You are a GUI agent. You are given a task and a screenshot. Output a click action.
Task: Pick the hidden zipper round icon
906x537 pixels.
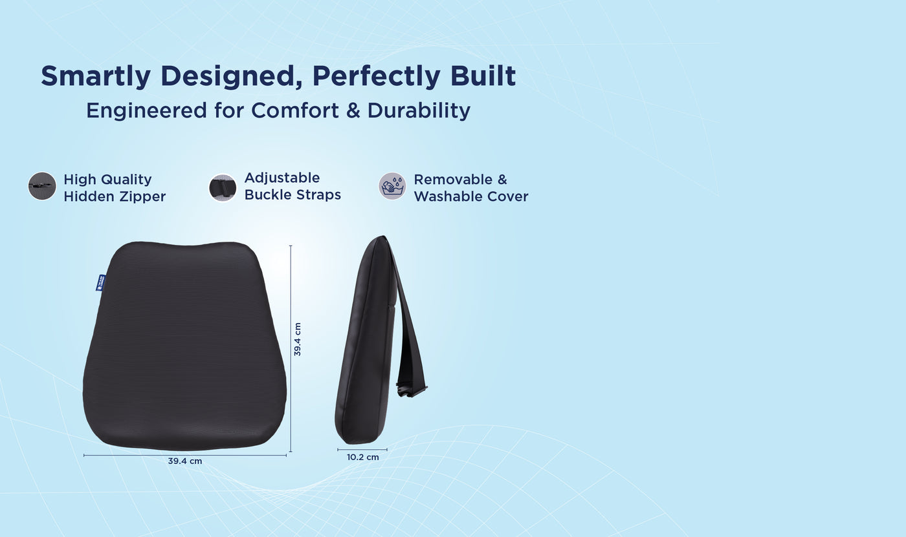pos(42,186)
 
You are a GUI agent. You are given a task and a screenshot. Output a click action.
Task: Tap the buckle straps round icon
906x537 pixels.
pos(223,187)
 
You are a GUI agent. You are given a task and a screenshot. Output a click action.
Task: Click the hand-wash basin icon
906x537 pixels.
pos(392,186)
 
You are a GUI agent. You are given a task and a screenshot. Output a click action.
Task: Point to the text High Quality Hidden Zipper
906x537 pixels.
pos(115,188)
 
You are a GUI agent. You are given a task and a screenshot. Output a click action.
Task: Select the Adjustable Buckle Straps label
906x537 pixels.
pos(293,186)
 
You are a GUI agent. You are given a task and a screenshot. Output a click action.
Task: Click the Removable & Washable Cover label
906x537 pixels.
pos(470,188)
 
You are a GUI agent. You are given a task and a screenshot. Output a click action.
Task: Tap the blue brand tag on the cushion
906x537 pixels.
pos(101,282)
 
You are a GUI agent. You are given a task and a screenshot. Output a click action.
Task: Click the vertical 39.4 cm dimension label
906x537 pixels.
pos(298,340)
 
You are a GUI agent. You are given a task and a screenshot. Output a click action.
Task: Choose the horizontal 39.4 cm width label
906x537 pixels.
pos(185,461)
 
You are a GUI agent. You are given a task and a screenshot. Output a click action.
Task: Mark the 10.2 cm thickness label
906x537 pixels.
pos(363,458)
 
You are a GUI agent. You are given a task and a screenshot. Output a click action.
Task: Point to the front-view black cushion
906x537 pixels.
pos(184,346)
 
